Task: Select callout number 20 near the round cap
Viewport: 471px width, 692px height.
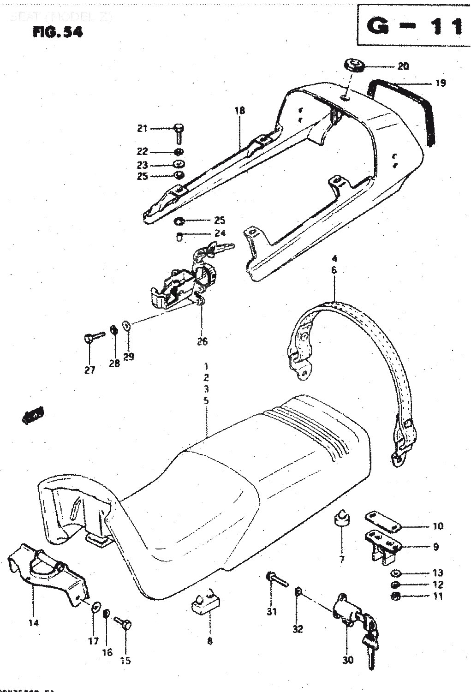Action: [x=403, y=66]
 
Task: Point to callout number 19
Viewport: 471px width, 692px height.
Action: [x=440, y=83]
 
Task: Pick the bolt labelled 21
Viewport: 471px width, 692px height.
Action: [x=179, y=131]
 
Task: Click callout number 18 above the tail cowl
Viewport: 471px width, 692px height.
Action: [x=239, y=110]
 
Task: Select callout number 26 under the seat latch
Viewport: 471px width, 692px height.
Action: [x=202, y=341]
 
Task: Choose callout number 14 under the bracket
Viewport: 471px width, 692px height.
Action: [x=33, y=623]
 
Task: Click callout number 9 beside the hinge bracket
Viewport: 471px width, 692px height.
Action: [x=435, y=547]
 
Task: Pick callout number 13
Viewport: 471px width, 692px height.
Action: [x=438, y=573]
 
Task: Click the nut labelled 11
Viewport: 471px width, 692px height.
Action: [x=395, y=596]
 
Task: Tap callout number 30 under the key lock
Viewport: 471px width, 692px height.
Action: [x=348, y=660]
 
